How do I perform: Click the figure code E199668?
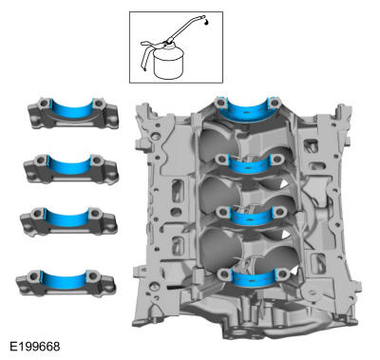[35, 346]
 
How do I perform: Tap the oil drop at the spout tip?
[206, 22]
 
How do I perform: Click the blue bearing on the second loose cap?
[69, 165]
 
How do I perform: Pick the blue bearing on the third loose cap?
[67, 218]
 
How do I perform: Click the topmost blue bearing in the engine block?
[248, 111]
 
